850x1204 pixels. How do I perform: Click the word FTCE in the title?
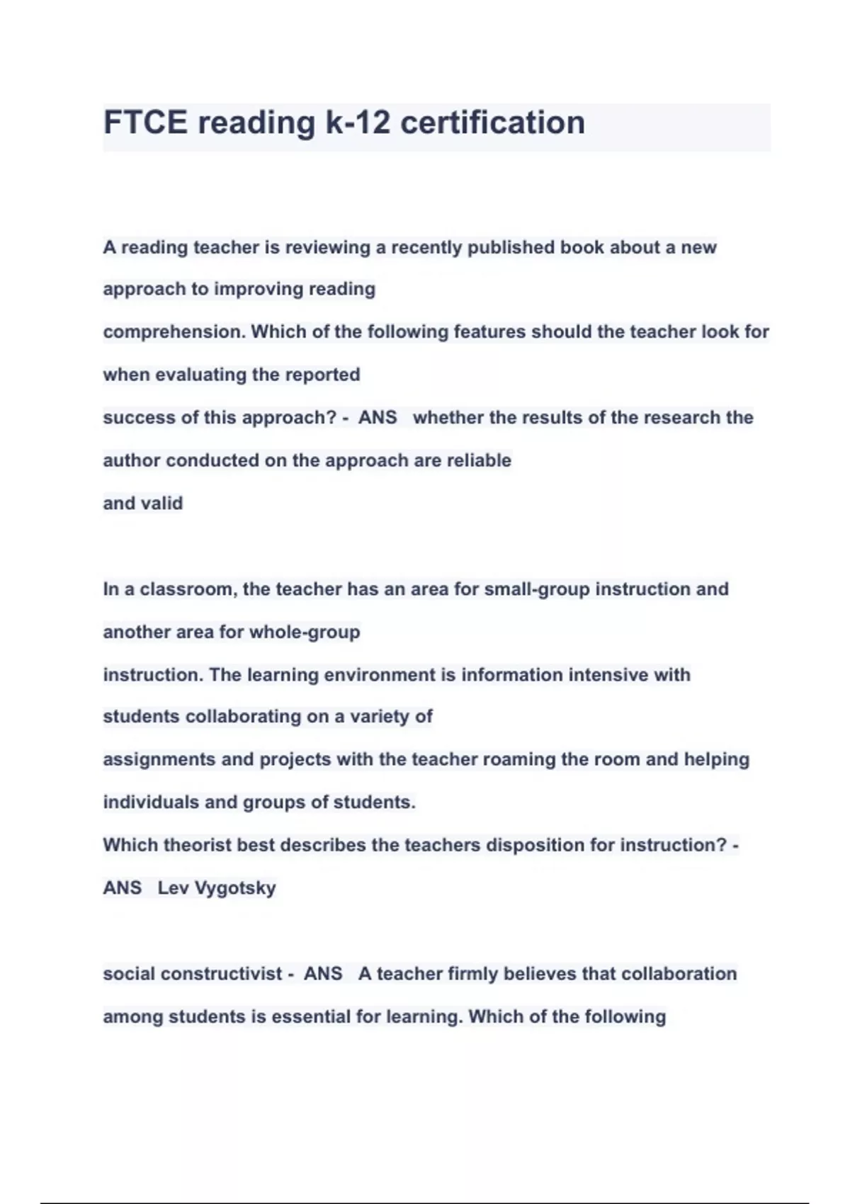[x=145, y=123]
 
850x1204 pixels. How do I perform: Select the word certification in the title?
[x=493, y=123]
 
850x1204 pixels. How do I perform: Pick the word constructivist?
[x=232, y=974]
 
